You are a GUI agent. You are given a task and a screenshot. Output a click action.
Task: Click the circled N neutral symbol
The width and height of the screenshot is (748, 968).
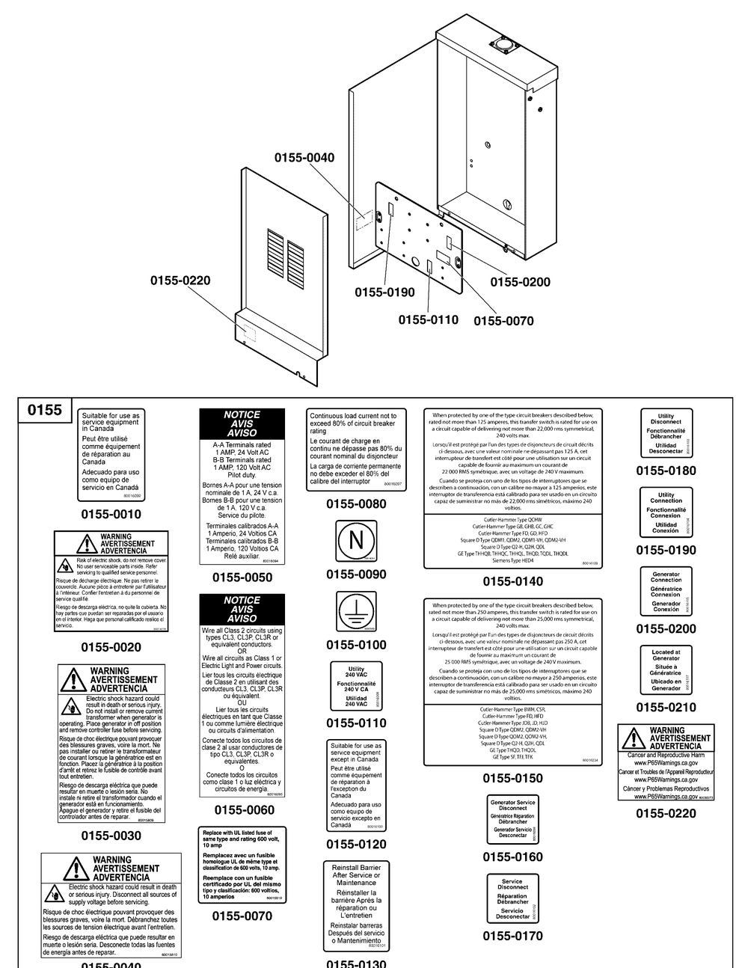point(356,542)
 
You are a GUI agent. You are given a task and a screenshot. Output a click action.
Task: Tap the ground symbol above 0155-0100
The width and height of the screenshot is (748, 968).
point(356,610)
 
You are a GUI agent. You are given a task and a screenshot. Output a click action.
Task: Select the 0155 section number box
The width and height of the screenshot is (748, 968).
point(46,411)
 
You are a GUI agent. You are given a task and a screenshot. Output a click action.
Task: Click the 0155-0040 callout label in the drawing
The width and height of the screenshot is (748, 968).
point(304,158)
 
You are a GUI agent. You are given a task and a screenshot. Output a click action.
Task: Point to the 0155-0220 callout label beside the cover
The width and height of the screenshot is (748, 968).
point(180,281)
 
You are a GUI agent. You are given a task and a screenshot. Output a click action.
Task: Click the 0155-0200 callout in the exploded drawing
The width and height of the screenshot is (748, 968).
point(520,282)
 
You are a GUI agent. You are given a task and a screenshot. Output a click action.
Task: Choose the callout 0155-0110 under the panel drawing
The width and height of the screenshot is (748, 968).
point(428,319)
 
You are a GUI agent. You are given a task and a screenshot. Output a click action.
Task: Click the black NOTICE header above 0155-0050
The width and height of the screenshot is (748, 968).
point(242,423)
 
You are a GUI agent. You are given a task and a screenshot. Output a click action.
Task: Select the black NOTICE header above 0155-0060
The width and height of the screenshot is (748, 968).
point(242,609)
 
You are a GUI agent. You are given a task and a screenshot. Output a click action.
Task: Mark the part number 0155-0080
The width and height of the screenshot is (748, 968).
point(356,504)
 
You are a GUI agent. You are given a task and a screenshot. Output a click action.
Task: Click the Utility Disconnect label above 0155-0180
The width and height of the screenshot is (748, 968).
point(666,432)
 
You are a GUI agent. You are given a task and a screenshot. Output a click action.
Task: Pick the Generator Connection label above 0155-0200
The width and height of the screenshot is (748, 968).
point(666,591)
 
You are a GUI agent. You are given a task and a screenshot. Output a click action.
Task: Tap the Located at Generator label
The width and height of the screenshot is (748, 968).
point(666,670)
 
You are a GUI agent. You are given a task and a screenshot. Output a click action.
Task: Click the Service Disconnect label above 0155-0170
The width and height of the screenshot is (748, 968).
point(513,898)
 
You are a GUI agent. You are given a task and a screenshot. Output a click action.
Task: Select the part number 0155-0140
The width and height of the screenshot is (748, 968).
point(512,581)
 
